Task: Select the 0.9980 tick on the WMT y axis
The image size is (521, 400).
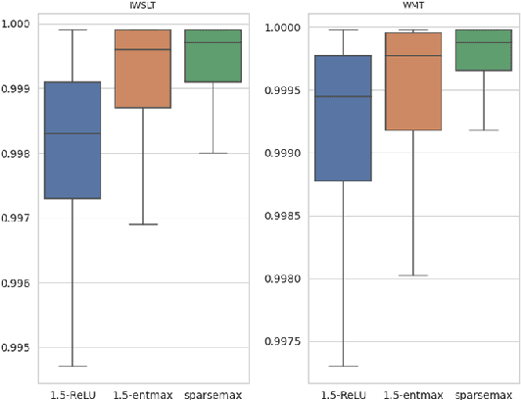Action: coord(285,279)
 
